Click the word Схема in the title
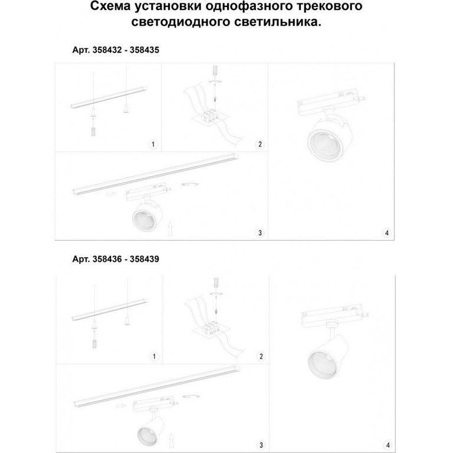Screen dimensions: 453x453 (110, 6)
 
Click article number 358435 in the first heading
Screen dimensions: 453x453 (145, 50)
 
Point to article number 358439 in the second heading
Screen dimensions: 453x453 (145, 259)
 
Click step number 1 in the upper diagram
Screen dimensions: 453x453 (153, 144)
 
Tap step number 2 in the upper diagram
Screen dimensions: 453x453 (260, 144)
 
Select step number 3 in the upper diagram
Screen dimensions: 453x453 (260, 233)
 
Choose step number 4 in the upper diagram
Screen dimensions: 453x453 (386, 233)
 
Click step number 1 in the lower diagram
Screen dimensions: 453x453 (155, 356)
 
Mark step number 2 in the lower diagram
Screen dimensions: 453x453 (261, 356)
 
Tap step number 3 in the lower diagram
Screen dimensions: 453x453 (261, 445)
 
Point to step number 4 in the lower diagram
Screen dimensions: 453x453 (388, 445)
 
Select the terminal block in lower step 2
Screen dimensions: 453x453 (212, 328)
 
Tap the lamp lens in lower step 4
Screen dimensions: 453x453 (323, 365)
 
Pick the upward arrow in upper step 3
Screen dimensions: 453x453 (170, 228)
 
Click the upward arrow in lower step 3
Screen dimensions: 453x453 (172, 440)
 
